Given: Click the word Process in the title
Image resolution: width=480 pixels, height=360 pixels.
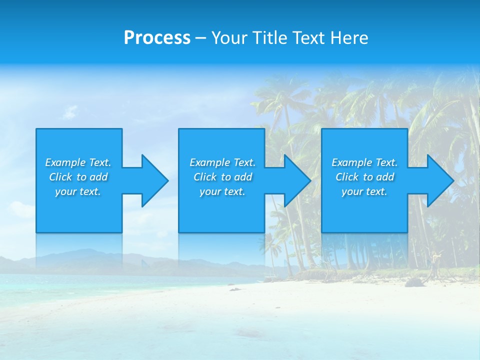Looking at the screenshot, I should pyautogui.click(x=157, y=37).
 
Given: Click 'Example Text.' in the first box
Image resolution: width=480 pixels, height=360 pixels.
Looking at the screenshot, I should pyautogui.click(x=78, y=162).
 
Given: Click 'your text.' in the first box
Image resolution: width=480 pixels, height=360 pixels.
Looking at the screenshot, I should pyautogui.click(x=78, y=191).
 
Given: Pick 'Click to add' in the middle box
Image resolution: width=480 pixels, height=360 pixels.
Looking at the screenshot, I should pyautogui.click(x=222, y=177).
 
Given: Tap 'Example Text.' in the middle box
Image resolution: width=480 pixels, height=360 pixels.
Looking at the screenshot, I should pyautogui.click(x=222, y=162).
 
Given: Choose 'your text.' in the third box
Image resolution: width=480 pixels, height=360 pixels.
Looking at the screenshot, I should pyautogui.click(x=364, y=191).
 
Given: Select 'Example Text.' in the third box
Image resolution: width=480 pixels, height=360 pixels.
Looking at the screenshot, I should pyautogui.click(x=364, y=162).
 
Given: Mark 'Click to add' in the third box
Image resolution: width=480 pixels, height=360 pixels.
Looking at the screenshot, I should pyautogui.click(x=364, y=177).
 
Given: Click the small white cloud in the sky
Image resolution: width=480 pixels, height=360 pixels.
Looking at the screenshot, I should pyautogui.click(x=70, y=111).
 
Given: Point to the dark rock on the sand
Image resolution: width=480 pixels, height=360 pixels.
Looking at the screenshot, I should pyautogui.click(x=414, y=282).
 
